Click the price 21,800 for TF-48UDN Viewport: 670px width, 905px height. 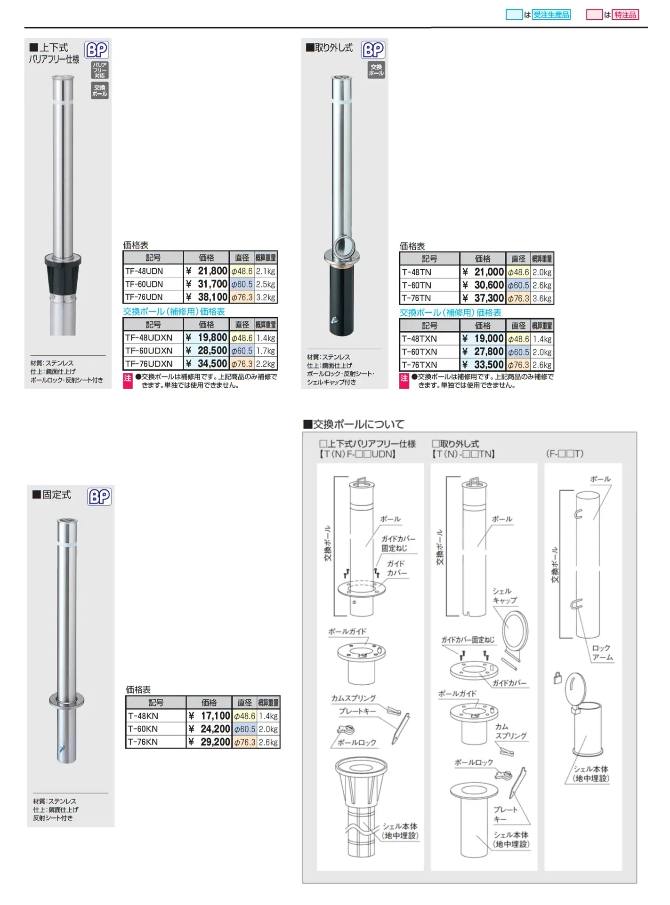pyautogui.click(x=207, y=271)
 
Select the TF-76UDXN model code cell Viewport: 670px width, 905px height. pyautogui.click(x=149, y=364)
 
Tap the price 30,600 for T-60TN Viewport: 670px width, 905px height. pyautogui.click(x=484, y=285)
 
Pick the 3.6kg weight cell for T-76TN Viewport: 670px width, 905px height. pyautogui.click(x=542, y=298)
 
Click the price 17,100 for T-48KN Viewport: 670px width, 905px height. pyautogui.click(x=210, y=716)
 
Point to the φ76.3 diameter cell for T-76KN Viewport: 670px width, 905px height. pyautogui.click(x=245, y=742)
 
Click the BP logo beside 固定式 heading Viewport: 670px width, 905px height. pyautogui.click(x=99, y=497)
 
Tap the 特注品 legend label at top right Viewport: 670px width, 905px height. pyautogui.click(x=625, y=15)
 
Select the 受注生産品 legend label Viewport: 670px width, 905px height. pyautogui.click(x=551, y=15)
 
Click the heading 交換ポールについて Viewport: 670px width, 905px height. pyautogui.click(x=354, y=424)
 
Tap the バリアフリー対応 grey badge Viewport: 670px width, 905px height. pyautogui.click(x=99, y=70)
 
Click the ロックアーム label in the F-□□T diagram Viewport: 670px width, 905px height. pyautogui.click(x=602, y=653)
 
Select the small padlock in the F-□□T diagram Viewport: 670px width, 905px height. pyautogui.click(x=558, y=678)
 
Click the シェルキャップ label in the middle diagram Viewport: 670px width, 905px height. pyautogui.click(x=504, y=596)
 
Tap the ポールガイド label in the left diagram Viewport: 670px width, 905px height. pyautogui.click(x=347, y=631)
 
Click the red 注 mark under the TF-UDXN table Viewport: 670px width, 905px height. pyautogui.click(x=128, y=380)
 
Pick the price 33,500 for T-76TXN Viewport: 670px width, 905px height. pyautogui.click(x=484, y=365)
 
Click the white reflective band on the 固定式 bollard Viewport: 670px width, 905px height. pyautogui.click(x=67, y=544)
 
